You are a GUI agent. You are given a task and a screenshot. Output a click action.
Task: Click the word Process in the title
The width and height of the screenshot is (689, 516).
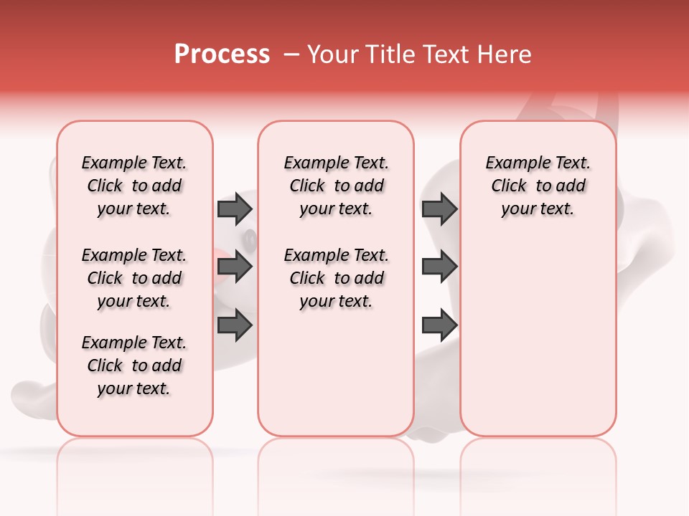point(222,54)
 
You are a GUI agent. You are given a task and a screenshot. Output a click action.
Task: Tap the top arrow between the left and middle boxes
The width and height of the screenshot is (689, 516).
point(235,209)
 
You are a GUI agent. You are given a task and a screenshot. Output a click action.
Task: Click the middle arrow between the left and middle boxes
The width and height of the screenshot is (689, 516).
point(235,267)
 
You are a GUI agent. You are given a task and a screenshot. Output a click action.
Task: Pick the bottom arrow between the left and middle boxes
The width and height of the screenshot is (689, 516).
point(235,325)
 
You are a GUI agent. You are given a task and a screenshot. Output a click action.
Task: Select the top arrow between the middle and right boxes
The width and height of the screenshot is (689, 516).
point(439,209)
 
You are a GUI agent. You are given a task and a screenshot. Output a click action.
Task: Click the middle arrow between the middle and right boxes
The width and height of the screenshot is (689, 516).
point(439,267)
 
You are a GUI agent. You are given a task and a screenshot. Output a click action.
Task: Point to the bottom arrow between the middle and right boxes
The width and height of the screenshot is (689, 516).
point(439,325)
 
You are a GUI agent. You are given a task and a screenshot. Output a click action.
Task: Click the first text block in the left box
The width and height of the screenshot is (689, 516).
point(134,186)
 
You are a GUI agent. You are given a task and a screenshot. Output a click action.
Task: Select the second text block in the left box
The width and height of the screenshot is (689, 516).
point(134,278)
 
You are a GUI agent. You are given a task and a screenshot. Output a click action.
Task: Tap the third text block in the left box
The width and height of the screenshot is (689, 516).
point(134,365)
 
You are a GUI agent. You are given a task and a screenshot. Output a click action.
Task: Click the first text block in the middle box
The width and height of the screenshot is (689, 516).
point(336,186)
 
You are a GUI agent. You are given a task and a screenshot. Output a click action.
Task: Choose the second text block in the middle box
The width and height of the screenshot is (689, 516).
point(336,278)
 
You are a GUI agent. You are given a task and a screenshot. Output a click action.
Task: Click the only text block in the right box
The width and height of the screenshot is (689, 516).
point(538,186)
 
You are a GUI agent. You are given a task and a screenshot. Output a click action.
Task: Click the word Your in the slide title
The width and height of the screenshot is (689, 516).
point(333,54)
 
